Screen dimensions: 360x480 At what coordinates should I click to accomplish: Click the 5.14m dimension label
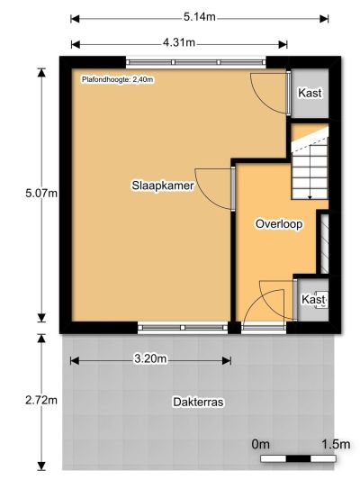[x=200, y=17]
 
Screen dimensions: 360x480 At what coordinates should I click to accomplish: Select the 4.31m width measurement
[x=178, y=42]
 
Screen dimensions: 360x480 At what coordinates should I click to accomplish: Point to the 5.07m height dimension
[x=41, y=194]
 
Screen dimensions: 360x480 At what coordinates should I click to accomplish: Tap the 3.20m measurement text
[x=151, y=358]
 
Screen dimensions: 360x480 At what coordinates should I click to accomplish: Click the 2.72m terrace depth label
[x=41, y=400]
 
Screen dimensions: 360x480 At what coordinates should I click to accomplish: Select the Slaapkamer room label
[x=163, y=186]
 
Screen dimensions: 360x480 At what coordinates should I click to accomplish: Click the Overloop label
[x=279, y=224]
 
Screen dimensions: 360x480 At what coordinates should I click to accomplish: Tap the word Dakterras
[x=198, y=402]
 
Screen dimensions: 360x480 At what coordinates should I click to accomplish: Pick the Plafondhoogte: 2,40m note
[x=118, y=79]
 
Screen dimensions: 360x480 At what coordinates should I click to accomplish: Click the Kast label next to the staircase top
[x=310, y=93]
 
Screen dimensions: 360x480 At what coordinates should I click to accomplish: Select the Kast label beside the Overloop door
[x=313, y=299]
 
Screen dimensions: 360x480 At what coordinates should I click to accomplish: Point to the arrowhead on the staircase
[x=310, y=197]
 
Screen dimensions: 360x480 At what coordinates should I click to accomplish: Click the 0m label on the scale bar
[x=260, y=444]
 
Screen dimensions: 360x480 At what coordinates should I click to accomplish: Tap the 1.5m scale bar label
[x=336, y=444]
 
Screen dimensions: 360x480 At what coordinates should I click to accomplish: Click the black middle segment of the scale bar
[x=298, y=458]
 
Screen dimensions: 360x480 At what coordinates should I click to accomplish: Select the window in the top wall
[x=196, y=62]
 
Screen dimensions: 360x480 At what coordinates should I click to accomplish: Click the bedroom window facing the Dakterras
[x=183, y=328]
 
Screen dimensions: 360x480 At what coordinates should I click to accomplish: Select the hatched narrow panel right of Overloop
[x=325, y=244]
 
